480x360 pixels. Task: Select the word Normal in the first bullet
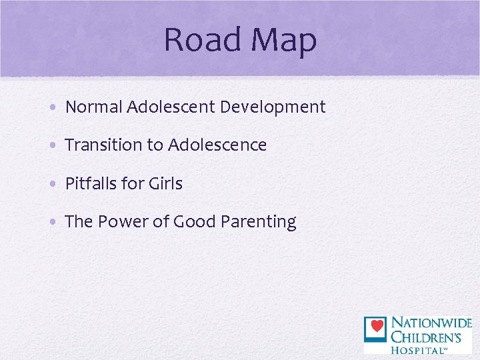[93, 107]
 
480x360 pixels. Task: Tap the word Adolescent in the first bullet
[172, 107]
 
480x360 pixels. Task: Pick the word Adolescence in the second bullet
[217, 145]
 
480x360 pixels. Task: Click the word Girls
[165, 184]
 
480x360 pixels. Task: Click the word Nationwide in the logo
[431, 323]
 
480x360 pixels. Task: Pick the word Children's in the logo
[429, 336]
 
